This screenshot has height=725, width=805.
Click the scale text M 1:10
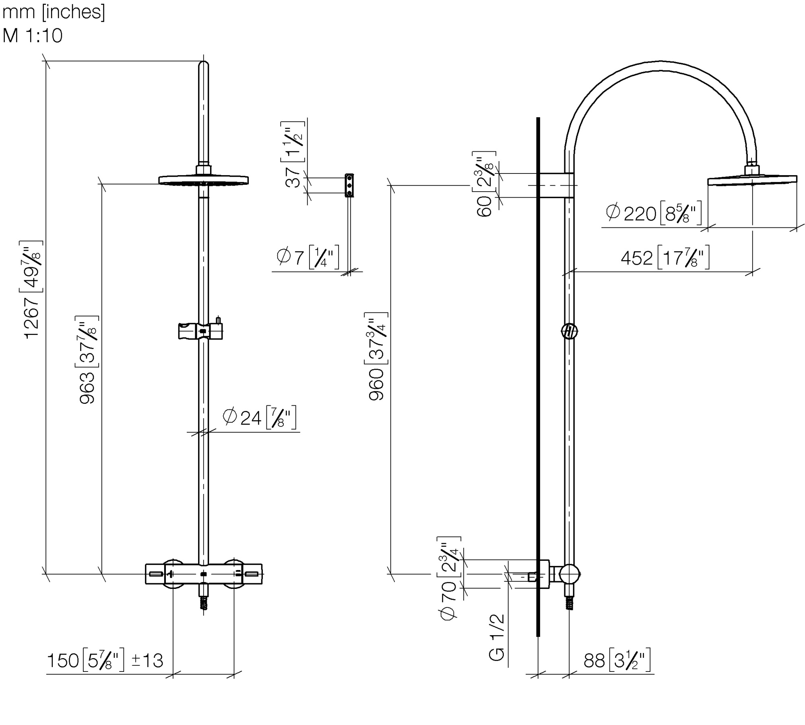(33, 35)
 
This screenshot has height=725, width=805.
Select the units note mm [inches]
(54, 12)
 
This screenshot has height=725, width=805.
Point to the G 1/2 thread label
(497, 637)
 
